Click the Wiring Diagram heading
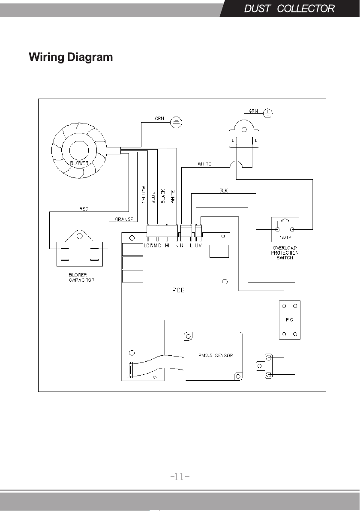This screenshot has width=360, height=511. pos(71,57)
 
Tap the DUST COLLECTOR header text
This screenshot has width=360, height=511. pos(289,9)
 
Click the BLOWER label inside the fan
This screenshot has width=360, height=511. pos(79,163)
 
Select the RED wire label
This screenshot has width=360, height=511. pos(84,209)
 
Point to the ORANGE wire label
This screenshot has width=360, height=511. pos(124,219)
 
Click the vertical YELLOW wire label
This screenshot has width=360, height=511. pos(144,195)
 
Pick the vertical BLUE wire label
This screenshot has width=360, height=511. pos(153,198)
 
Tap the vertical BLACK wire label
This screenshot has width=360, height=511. pos(163,196)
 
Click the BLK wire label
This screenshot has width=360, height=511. pos(223,190)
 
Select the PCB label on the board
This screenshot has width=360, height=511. pos(179,290)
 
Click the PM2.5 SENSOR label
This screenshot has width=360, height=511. pos(216,355)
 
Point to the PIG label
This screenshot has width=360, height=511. pos(289,320)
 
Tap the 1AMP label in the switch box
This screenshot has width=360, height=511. pos(285,237)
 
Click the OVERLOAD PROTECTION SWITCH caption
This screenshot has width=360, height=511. pos(285,252)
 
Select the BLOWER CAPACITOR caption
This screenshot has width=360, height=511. pos(81,277)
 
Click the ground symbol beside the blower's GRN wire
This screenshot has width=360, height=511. pos(176,123)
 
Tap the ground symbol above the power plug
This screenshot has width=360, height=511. pos(268,114)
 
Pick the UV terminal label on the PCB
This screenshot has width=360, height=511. pos(198,245)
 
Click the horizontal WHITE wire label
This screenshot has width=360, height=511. pos(204,164)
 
